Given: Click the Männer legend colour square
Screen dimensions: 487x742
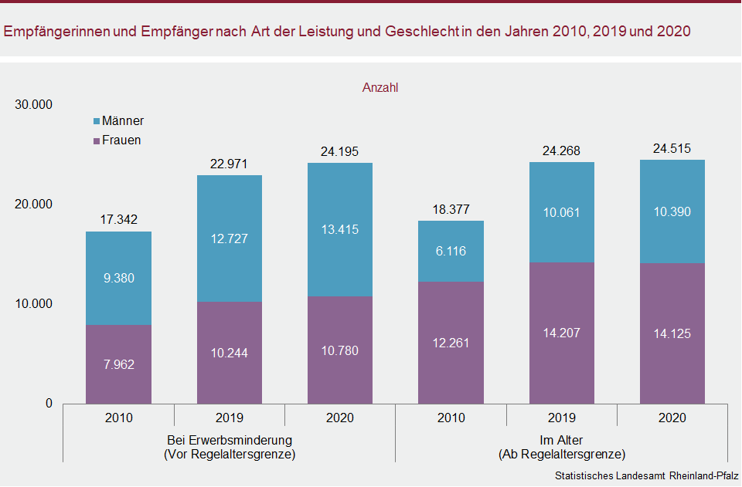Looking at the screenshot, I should click(96, 122).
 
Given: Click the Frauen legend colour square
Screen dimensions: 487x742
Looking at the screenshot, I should click(96, 141).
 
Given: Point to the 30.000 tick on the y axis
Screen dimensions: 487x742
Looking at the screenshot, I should click(33, 105).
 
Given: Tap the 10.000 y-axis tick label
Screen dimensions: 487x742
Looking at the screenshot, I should click(33, 304).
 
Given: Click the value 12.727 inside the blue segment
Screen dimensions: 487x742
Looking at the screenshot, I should click(230, 238).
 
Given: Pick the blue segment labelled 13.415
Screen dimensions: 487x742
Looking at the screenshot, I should click(340, 229).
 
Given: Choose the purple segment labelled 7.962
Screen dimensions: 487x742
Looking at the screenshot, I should click(118, 364).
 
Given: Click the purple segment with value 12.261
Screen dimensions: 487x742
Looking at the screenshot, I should click(451, 343).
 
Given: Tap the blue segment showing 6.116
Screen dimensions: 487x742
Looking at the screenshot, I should click(451, 251).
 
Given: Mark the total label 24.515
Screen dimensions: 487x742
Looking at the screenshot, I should click(672, 149).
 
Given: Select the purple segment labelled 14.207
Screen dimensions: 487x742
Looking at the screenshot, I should click(561, 333).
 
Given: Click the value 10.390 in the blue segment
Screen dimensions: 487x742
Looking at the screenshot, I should click(672, 211).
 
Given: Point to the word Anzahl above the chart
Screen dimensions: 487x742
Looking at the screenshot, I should click(380, 88).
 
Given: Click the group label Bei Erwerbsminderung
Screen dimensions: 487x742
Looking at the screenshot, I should click(230, 441).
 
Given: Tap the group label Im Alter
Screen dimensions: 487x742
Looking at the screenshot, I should click(561, 441).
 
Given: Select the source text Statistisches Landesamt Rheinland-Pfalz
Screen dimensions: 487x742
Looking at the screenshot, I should click(646, 475).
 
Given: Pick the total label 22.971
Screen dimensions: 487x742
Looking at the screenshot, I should click(230, 164).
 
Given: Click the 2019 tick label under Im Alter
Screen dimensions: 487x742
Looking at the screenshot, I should click(561, 418).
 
